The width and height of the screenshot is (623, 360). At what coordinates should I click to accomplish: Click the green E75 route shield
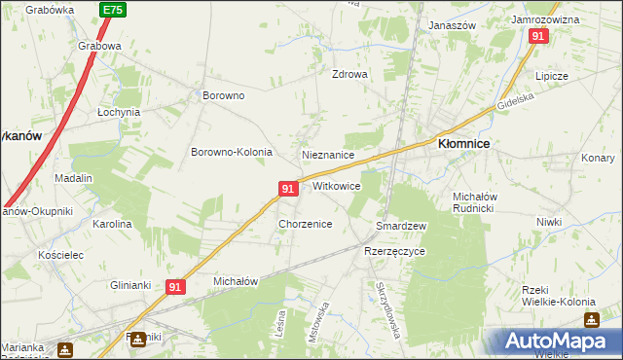[112, 10]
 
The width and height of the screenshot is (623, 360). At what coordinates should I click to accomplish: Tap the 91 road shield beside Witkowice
[287, 188]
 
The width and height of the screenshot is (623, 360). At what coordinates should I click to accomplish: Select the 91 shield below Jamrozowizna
[538, 36]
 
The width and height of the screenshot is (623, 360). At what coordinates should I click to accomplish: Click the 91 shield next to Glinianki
[175, 287]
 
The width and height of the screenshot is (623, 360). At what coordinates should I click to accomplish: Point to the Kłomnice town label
[463, 143]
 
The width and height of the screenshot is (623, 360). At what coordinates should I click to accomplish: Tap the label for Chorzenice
[306, 224]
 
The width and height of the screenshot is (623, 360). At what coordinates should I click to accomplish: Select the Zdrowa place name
[349, 74]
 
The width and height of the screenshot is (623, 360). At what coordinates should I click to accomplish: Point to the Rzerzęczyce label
[394, 251]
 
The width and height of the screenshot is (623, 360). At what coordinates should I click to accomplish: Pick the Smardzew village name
[402, 226]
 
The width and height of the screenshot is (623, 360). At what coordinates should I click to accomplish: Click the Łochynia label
[119, 112]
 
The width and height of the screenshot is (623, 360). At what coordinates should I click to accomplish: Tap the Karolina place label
[112, 224]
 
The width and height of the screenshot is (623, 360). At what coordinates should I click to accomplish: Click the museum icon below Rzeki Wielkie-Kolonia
[591, 319]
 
